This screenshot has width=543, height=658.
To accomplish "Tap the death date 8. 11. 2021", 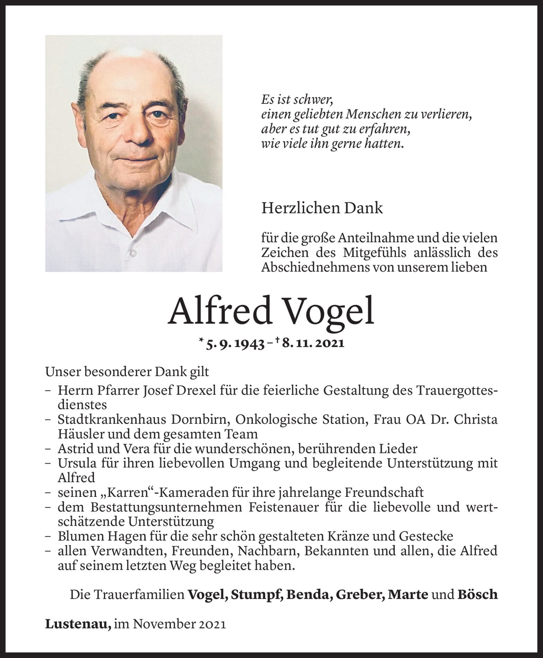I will tap(313, 344).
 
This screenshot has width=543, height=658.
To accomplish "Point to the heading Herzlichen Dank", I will tap(322, 208).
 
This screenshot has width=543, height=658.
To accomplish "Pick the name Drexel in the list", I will tap(198, 390).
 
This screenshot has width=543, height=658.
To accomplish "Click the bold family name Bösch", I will tap(478, 594).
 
